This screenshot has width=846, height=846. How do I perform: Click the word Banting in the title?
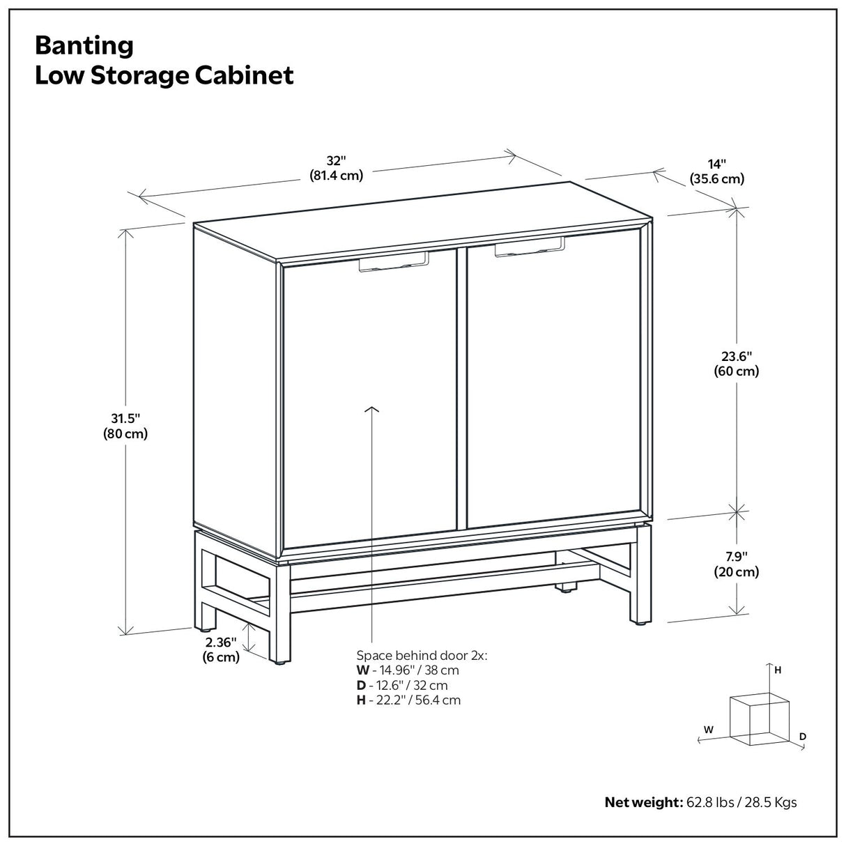click(x=84, y=46)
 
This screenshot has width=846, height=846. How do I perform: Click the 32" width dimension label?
click(x=337, y=168)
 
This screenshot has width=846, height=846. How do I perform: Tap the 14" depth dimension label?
click(x=716, y=171)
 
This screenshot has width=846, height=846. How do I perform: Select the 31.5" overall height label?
click(x=126, y=425)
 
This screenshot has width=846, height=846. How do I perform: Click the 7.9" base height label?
click(x=736, y=564)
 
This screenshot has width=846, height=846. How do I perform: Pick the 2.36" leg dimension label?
click(x=221, y=649)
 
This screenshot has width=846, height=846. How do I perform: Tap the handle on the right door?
click(x=529, y=247)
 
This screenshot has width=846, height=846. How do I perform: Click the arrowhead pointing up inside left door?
click(x=373, y=410)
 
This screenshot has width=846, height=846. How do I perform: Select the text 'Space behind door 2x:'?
click(x=422, y=655)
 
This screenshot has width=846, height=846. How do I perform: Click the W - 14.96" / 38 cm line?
click(x=408, y=670)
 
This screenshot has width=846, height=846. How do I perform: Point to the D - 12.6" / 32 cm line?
click(x=402, y=686)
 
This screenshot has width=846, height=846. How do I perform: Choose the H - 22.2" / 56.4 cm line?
click(x=408, y=700)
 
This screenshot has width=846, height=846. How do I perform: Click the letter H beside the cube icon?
click(x=778, y=670)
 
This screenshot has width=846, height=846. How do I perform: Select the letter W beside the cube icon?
click(x=708, y=730)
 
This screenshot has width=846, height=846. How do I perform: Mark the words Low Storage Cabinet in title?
click(x=164, y=75)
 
